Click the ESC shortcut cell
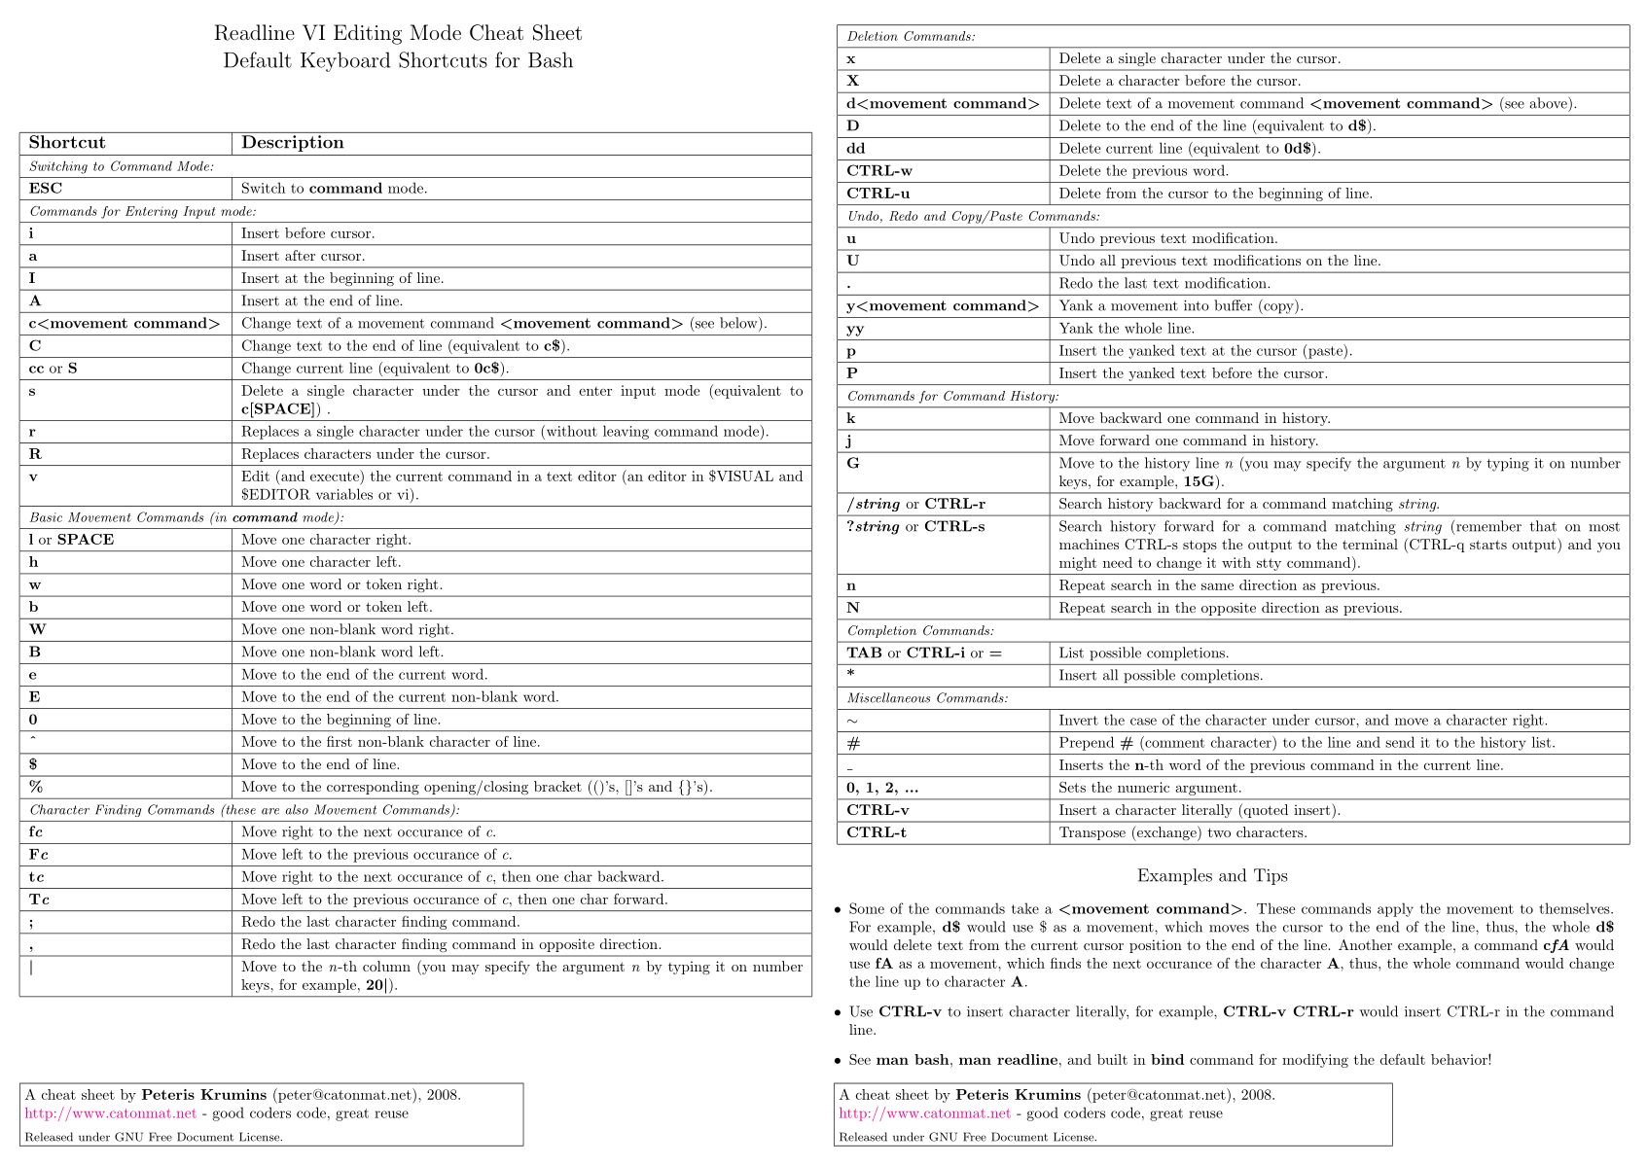46,189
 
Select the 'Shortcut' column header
67,143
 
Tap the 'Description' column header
292,143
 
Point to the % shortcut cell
36,787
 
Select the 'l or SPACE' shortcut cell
71,540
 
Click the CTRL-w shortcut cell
879,171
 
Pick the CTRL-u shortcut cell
878,194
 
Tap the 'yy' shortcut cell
855,329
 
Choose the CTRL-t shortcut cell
877,832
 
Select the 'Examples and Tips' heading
1212,876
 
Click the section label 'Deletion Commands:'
912,37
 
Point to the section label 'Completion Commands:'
920,630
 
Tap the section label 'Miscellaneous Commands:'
927,698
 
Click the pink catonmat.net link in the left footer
111,1113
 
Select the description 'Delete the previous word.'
1143,171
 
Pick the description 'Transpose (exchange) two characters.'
1183,832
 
